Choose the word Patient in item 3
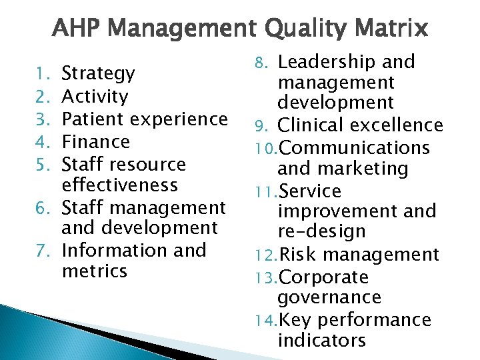(x=92, y=119)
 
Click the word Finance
(x=95, y=141)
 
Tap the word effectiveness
(x=119, y=185)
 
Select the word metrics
(x=94, y=271)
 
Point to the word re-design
(x=321, y=232)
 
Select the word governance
(x=329, y=298)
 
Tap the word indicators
(x=322, y=341)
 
